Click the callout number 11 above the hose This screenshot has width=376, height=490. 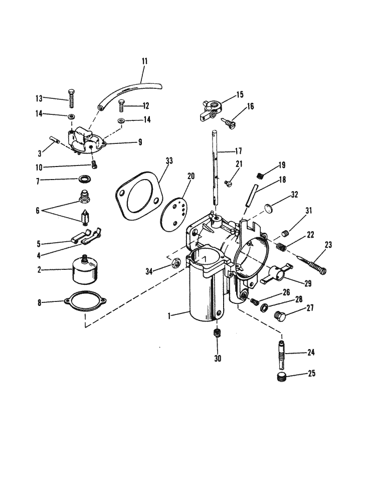pyautogui.click(x=144, y=61)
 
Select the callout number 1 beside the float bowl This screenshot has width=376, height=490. pyautogui.click(x=169, y=316)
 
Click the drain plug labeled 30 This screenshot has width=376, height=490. pyautogui.click(x=218, y=333)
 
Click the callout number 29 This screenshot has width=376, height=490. pyautogui.click(x=307, y=283)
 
